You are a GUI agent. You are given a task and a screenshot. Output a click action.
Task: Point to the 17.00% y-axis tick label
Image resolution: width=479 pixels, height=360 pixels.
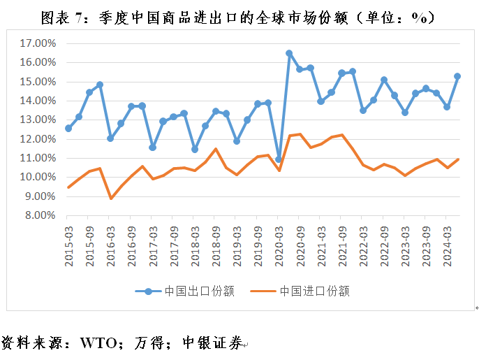click(37, 43)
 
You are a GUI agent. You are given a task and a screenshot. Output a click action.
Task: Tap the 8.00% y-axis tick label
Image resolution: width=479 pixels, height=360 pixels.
click(39, 215)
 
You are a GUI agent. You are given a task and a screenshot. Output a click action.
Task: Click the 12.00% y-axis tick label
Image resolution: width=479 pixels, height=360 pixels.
click(37, 139)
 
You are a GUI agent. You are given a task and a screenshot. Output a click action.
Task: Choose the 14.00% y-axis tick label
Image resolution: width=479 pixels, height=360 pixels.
click(37, 101)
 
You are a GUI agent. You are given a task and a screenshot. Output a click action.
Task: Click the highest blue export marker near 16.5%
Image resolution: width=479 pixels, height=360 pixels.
click(289, 53)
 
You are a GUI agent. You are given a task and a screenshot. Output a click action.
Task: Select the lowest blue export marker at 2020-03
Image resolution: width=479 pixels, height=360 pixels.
click(279, 159)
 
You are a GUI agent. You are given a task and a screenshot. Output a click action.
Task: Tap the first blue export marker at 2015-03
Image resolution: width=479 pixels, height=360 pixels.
click(68, 128)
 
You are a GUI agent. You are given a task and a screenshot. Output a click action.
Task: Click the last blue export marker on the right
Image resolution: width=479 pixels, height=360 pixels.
click(457, 76)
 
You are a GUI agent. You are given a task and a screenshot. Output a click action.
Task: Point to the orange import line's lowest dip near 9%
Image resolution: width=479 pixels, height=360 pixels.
click(111, 199)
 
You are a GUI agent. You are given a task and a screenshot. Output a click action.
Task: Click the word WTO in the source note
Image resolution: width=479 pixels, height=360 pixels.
click(102, 343)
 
